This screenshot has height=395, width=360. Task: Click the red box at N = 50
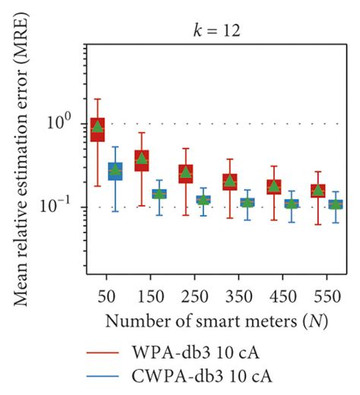click(x=97, y=130)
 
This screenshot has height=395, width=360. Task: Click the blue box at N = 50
click(x=115, y=172)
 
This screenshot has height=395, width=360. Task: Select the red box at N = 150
click(x=141, y=160)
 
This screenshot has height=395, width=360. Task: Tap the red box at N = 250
click(x=185, y=174)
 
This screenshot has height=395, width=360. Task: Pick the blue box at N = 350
click(x=248, y=203)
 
